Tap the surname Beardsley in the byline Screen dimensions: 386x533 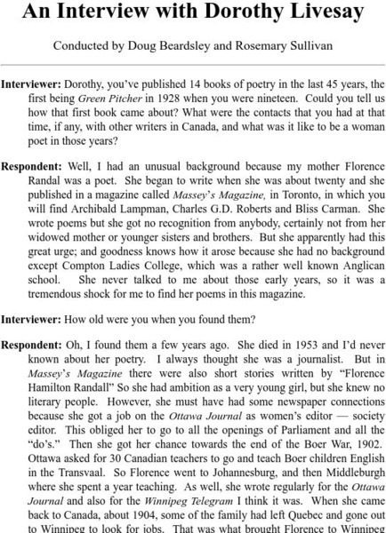202,44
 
